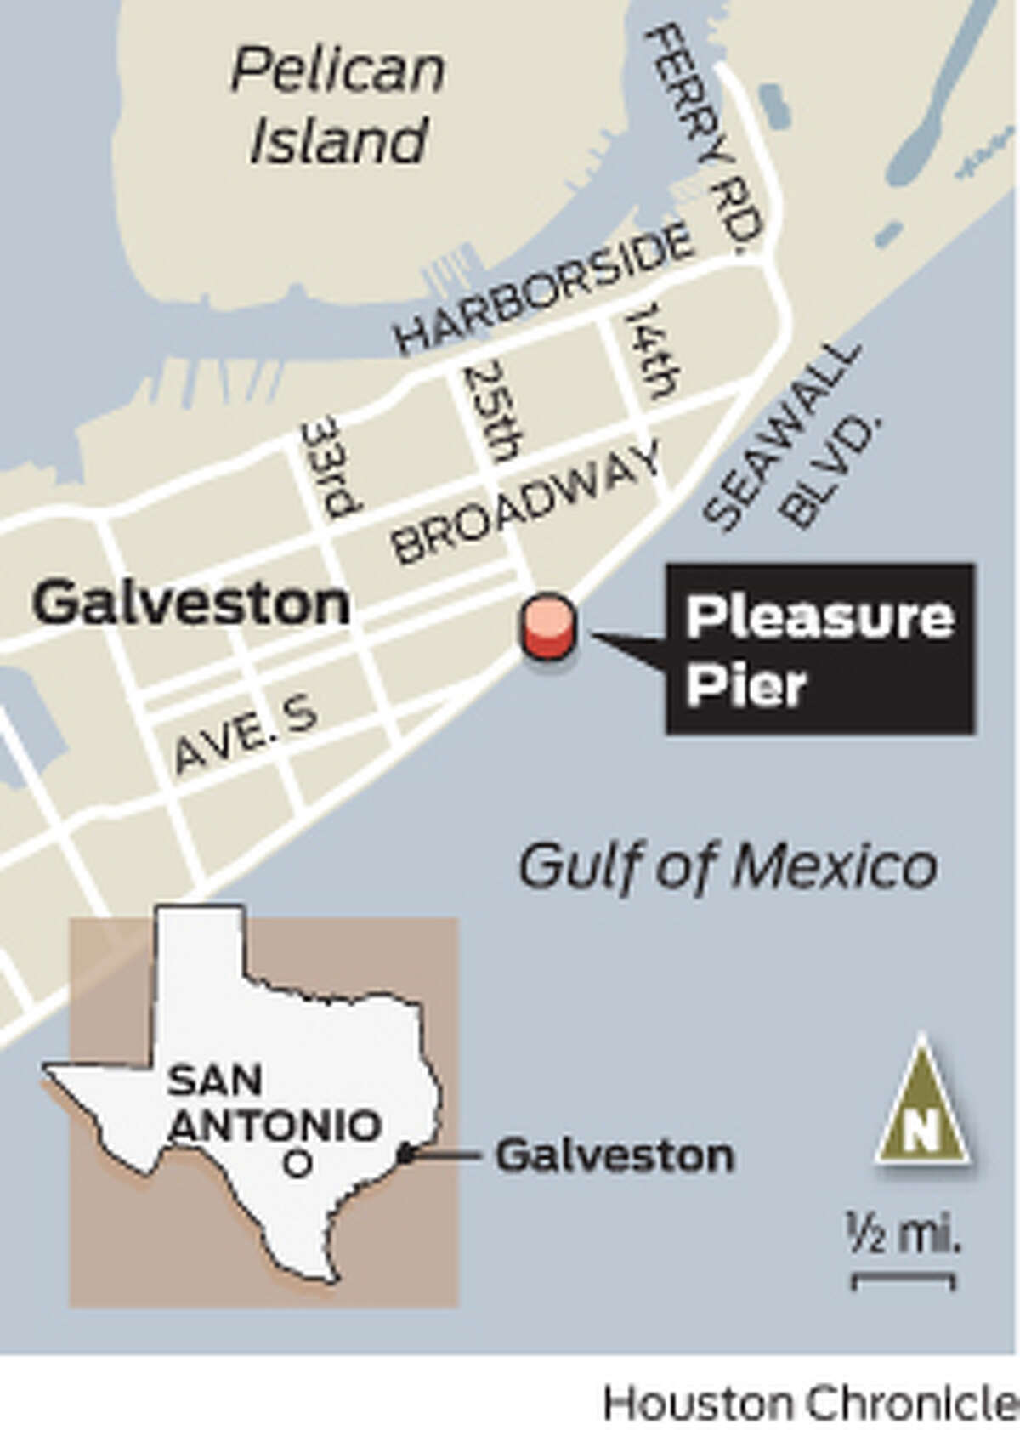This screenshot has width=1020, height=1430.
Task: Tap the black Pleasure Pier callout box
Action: (x=819, y=648)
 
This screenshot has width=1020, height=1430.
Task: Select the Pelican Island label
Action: (x=337, y=106)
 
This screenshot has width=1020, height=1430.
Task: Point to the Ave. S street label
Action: (x=246, y=735)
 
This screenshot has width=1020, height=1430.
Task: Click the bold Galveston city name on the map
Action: (x=191, y=604)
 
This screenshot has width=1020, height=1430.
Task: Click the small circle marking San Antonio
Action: (x=297, y=1163)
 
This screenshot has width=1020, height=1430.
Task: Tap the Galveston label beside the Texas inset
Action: (x=615, y=1155)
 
